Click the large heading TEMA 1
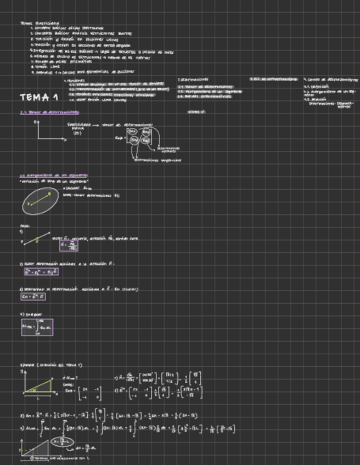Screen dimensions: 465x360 pyautogui.click(x=39, y=98)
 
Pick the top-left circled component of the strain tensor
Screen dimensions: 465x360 pyautogui.click(x=133, y=132)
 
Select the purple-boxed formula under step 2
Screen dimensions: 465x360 pyautogui.click(x=41, y=271)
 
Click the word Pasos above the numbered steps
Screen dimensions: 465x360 pyautogui.click(x=25, y=225)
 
